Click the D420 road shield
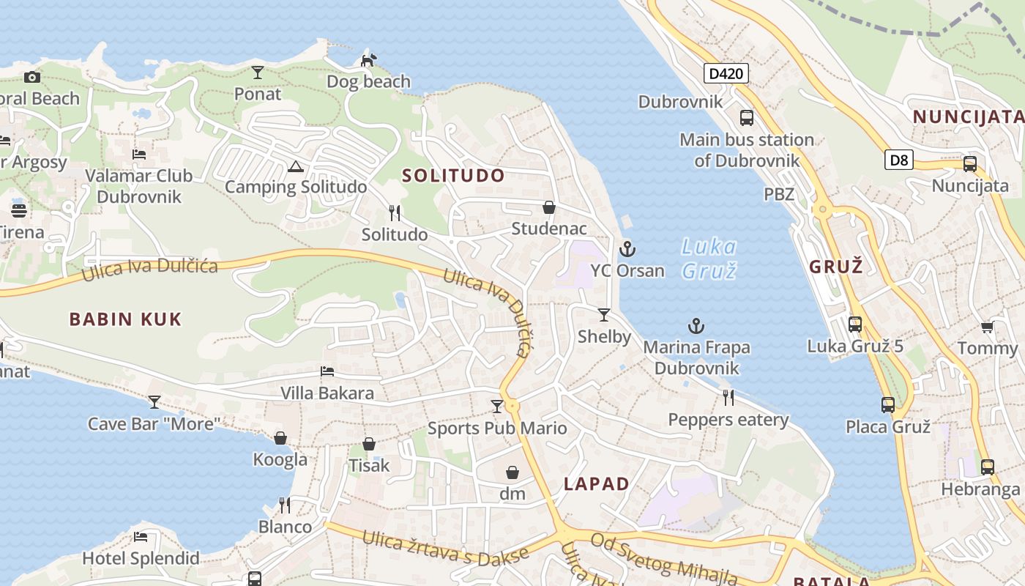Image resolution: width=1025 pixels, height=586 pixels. coord(726,73)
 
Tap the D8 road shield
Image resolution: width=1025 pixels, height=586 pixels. coord(898,160)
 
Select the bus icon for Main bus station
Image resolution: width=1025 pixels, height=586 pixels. coord(747,117)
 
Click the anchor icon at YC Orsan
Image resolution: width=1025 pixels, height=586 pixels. coord(627,249)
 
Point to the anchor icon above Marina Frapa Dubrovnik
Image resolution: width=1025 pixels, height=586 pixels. coord(696,326)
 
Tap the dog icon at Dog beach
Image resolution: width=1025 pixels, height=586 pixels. coord(369,59)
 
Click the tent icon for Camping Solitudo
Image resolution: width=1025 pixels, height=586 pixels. coord(295,166)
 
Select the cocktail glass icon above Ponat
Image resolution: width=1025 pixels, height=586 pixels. coord(258,72)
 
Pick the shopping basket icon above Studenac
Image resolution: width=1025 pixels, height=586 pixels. coord(549,207)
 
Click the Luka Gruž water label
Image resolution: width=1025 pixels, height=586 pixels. coord(708,258)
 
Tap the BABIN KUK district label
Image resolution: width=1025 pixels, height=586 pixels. coord(125,319)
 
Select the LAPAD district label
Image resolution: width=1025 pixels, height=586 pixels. coord(597,483)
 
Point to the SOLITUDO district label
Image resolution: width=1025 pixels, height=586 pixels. coord(453,176)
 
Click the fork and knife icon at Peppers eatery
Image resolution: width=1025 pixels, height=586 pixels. coord(728,398)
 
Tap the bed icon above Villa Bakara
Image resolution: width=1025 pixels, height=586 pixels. coord(327,371)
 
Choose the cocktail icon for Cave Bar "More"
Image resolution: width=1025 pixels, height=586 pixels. coord(154,402)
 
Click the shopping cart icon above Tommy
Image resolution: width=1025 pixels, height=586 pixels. coord(987,327)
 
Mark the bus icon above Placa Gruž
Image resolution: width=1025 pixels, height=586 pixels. coord(888,404)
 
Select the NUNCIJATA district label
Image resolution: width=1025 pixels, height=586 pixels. coord(968,116)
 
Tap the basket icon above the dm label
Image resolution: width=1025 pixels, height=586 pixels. coord(512,472)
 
